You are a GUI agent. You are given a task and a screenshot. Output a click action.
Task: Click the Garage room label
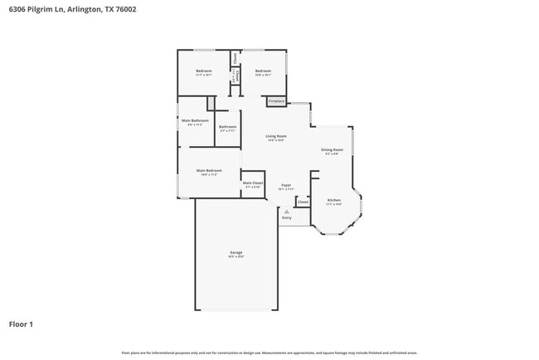236,252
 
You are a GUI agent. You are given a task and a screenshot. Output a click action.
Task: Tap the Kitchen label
333,200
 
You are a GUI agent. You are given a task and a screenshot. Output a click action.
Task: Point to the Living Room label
276,136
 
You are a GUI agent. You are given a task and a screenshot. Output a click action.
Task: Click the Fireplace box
276,101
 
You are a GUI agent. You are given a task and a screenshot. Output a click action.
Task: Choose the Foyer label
285,184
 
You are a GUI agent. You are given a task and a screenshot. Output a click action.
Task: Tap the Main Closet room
253,182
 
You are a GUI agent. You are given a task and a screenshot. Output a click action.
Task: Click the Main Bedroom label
208,170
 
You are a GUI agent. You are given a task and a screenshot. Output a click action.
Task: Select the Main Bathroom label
195,120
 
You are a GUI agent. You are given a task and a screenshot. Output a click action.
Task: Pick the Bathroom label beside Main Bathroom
227,126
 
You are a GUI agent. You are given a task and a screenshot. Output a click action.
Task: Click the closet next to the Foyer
303,202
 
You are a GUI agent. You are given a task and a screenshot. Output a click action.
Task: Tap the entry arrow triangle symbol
286,212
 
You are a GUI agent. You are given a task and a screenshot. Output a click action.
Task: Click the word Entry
286,218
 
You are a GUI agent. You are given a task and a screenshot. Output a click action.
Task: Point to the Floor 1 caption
21,324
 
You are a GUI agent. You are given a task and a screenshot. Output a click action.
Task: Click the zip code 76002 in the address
127,8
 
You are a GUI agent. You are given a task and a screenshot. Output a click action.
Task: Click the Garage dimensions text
236,257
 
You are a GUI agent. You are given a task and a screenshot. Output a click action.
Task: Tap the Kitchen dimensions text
333,204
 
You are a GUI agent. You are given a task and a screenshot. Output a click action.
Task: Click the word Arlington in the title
84,8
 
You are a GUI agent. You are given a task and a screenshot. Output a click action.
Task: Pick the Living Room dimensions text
276,140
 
